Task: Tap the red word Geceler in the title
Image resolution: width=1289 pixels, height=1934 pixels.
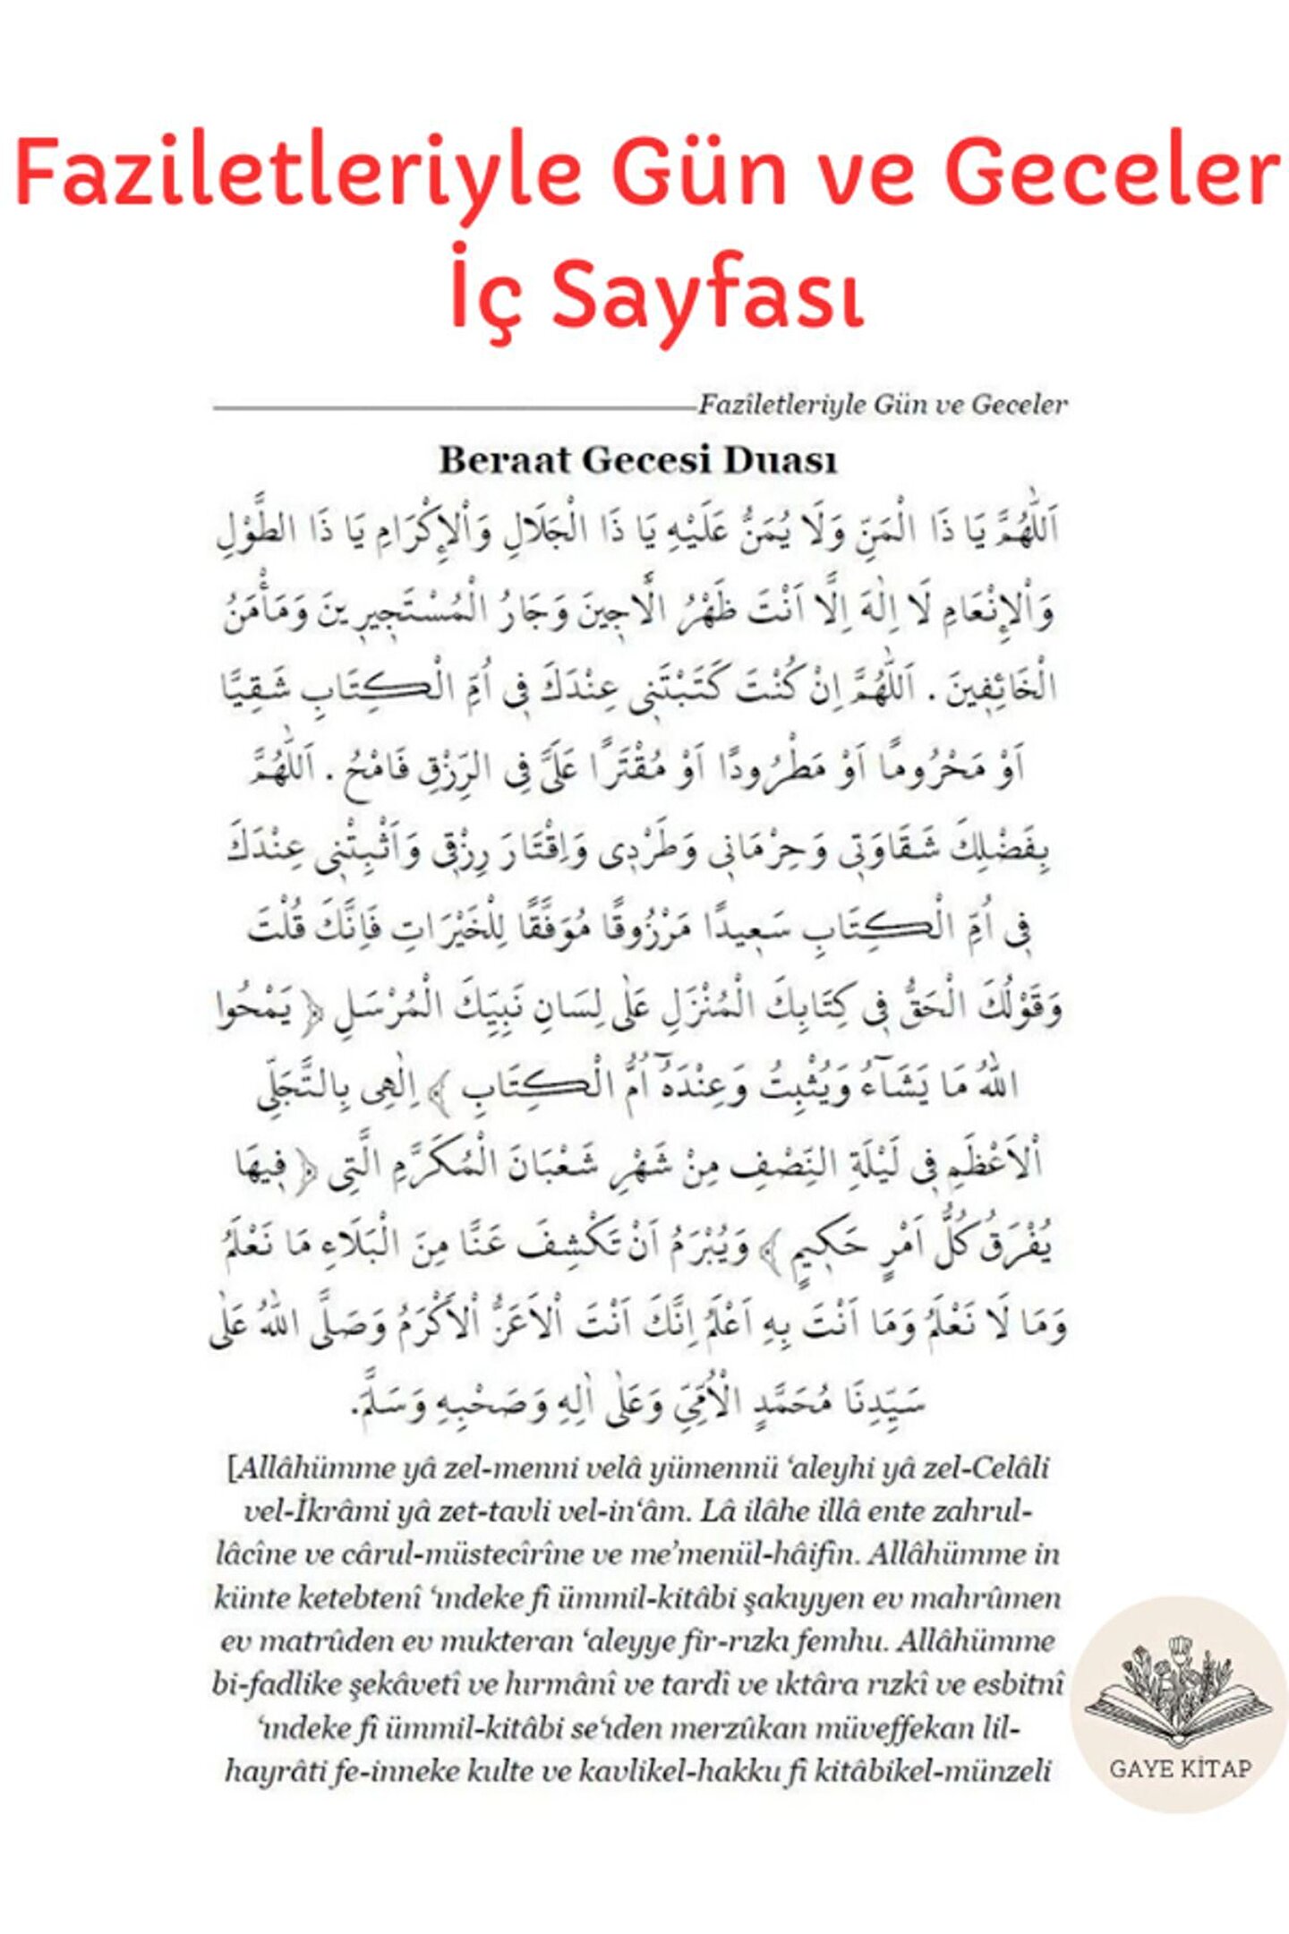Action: click(1113, 173)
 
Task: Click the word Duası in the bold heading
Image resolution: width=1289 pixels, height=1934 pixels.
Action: click(780, 460)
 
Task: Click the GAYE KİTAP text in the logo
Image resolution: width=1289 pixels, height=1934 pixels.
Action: click(1180, 1768)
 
